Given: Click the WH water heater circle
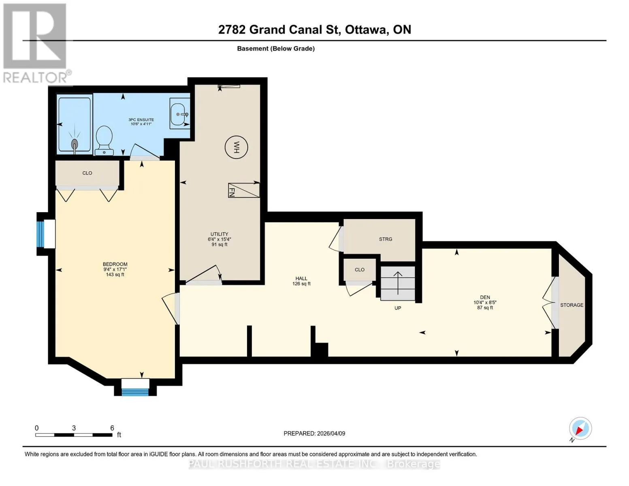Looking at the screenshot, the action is (x=236, y=147).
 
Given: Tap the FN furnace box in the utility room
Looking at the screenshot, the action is (x=243, y=190).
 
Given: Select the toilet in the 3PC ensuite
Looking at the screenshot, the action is (x=104, y=141).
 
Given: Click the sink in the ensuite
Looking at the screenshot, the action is (x=179, y=113).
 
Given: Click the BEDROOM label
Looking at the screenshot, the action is (x=115, y=264).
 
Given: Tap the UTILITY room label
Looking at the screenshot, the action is (x=219, y=234).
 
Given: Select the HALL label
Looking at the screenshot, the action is (x=301, y=279).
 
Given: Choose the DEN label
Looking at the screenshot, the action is (x=485, y=297).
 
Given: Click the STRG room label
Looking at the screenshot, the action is (x=386, y=239).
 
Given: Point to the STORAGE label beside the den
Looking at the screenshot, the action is (x=571, y=305).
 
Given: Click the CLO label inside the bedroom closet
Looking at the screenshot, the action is (x=87, y=173).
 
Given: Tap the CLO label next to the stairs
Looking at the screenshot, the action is (x=360, y=269).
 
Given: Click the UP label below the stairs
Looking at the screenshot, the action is (x=398, y=308).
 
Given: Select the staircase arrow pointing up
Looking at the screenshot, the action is (x=398, y=283).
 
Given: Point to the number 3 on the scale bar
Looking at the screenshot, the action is (x=74, y=428).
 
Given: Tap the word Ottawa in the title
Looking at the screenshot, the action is (x=367, y=30).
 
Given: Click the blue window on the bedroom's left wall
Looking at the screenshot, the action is (x=40, y=234).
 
